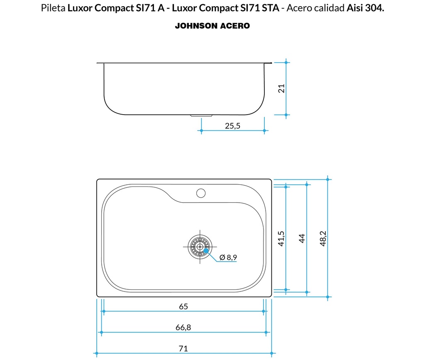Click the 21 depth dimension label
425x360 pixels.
click(x=282, y=88)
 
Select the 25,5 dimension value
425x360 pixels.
click(x=232, y=126)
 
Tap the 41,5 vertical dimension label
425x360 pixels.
click(x=281, y=239)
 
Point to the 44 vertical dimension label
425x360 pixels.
click(x=302, y=238)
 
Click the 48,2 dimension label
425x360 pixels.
click(x=323, y=239)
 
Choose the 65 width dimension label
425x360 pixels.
click(x=183, y=306)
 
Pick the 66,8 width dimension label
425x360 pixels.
click(x=183, y=328)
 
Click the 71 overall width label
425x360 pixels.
click(x=183, y=348)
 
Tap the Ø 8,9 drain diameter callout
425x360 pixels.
click(x=228, y=257)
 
